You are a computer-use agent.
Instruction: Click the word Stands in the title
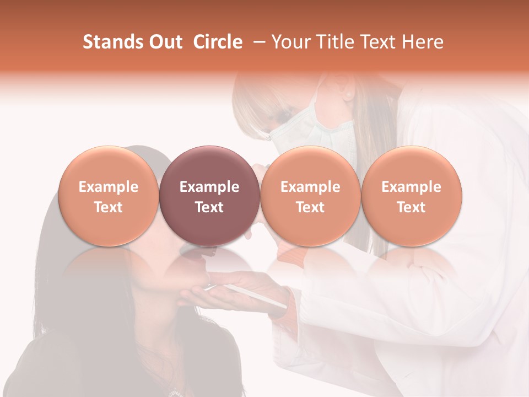coord(110,42)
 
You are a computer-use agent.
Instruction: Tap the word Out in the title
coord(164,42)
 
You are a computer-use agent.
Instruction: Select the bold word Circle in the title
coord(218,42)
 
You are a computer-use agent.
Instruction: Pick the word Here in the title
coord(423,42)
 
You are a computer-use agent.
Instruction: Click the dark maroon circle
coord(209,195)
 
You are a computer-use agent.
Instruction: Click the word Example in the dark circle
coord(209,187)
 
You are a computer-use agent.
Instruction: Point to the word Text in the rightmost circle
coord(411,207)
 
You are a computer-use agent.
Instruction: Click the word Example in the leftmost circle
coord(108,187)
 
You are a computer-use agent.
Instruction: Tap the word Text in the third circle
coord(310,207)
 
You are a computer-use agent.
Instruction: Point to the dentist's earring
coord(348,95)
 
